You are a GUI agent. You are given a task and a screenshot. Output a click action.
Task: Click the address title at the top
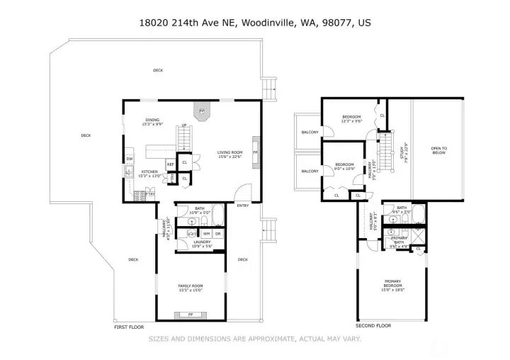[254, 23]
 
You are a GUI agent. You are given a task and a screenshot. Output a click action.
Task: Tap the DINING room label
[152, 120]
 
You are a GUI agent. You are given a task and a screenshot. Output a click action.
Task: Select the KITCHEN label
[149, 172]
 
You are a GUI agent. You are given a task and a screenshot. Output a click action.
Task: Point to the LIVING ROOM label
[229, 152]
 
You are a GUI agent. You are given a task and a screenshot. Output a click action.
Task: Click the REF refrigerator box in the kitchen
[170, 165]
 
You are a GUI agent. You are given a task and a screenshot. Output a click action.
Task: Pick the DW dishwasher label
[130, 158]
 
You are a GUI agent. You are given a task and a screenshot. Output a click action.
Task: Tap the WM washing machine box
[206, 233]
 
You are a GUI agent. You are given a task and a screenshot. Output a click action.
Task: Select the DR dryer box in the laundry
[218, 233]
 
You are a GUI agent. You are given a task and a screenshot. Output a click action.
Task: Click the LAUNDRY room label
[203, 242]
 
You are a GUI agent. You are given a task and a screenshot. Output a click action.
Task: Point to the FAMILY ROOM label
[191, 286]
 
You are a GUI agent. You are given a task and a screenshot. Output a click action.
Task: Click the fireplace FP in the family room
[191, 314]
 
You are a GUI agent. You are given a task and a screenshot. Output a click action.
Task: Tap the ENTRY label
[243, 206]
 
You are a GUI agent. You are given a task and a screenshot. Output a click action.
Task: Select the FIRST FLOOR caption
[129, 327]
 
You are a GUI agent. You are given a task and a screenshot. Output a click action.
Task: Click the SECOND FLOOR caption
[373, 325]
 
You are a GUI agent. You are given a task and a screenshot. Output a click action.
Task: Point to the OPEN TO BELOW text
[438, 150]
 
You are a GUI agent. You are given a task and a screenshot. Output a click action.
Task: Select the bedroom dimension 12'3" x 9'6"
[352, 121]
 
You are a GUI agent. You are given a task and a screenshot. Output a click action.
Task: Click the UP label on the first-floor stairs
[184, 125]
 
